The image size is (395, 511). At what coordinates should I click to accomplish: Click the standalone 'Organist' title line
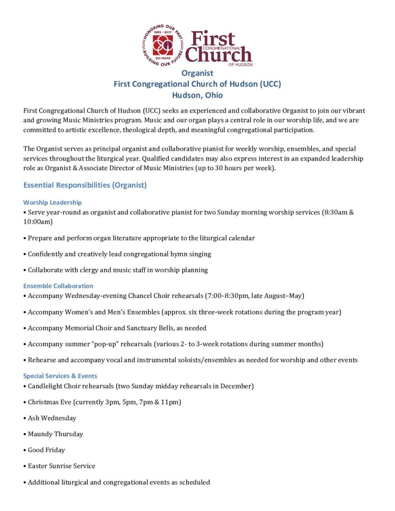[x=197, y=73]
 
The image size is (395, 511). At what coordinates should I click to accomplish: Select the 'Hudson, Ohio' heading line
[x=197, y=95]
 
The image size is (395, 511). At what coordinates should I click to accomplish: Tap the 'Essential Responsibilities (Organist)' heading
[x=85, y=185]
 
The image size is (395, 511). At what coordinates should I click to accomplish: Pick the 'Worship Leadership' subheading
[x=52, y=203]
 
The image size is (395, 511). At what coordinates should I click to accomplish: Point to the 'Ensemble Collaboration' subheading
[x=58, y=286]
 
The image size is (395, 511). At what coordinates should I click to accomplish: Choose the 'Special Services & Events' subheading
[x=60, y=376]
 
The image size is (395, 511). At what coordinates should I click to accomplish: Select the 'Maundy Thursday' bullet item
[x=55, y=434]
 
